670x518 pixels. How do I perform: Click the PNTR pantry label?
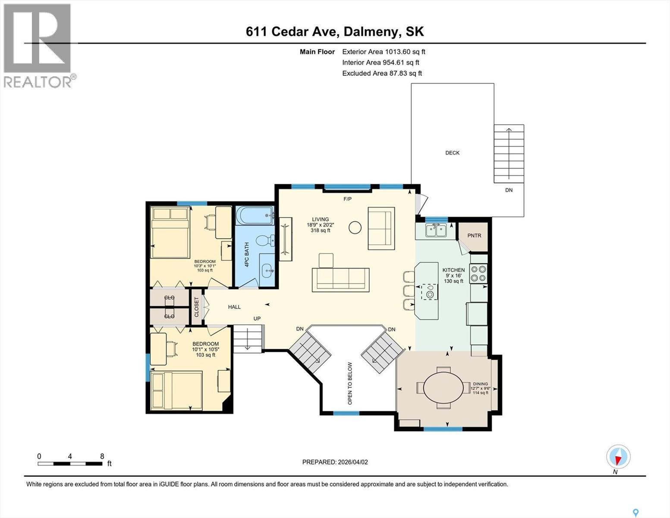click(x=474, y=236)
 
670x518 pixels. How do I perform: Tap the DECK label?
click(x=452, y=153)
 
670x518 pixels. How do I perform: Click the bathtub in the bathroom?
click(x=255, y=215)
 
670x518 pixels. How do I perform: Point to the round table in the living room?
click(x=355, y=227)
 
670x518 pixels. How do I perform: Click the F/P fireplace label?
click(x=347, y=199)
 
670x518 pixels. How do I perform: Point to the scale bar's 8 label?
click(x=102, y=456)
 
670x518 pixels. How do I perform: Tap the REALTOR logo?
click(x=38, y=45)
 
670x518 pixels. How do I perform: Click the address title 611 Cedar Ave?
click(x=335, y=32)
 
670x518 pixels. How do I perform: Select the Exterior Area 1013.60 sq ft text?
click(x=384, y=52)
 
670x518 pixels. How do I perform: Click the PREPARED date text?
click(x=335, y=462)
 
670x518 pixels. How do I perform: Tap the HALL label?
click(x=234, y=307)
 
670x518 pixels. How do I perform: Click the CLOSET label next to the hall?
click(x=197, y=307)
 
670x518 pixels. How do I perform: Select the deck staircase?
click(x=509, y=154)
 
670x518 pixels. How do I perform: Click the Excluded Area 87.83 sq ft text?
click(x=382, y=73)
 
